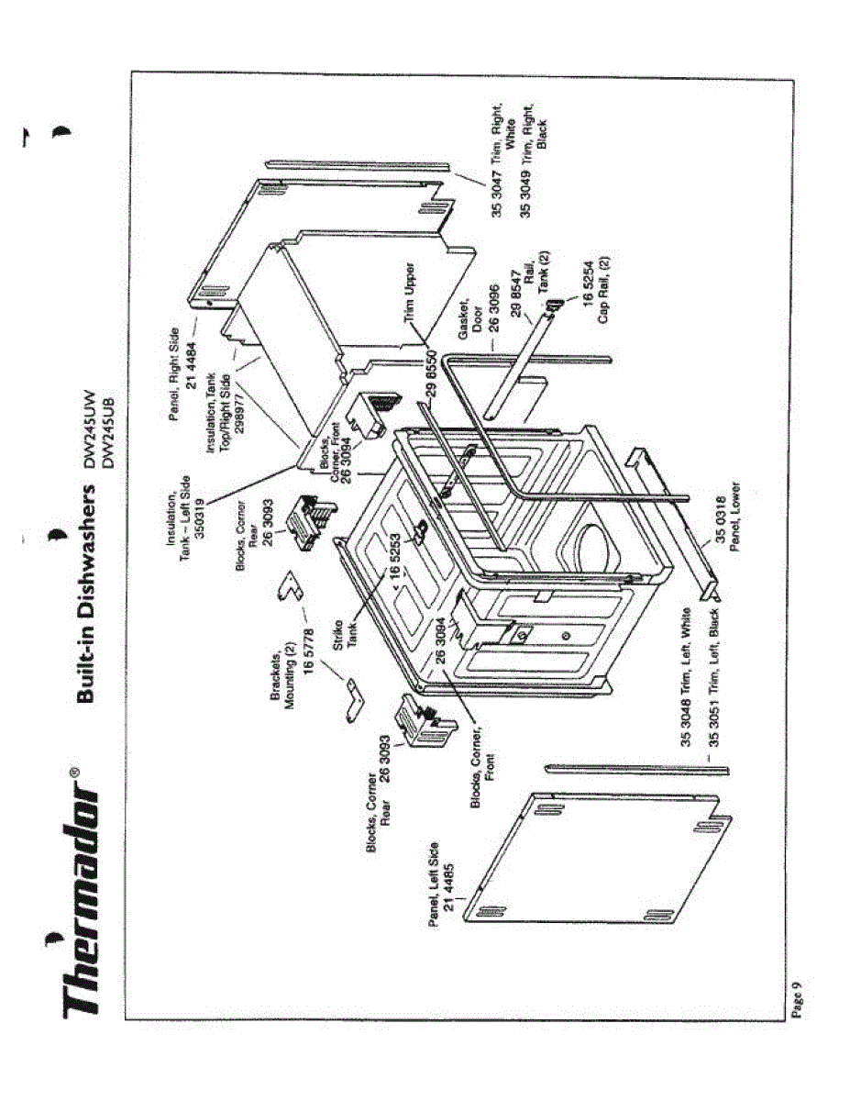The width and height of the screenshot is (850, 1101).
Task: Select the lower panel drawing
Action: pos(668,523)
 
